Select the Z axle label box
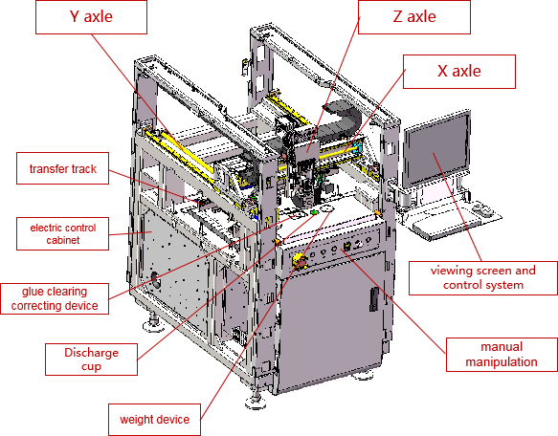(x=413, y=17)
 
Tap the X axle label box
(x=459, y=72)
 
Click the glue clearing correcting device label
(x=55, y=297)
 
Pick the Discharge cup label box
(x=93, y=360)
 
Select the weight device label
(x=155, y=419)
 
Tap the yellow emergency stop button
(x=298, y=259)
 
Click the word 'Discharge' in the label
(x=93, y=354)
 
